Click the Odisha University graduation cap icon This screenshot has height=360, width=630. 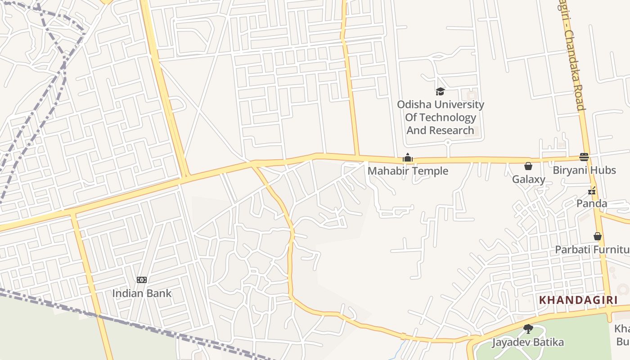(440, 92)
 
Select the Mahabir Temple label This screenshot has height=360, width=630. (408, 171)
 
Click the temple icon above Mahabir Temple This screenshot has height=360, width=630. (408, 157)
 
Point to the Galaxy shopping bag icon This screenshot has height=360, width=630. (528, 166)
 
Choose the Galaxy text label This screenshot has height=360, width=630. (528, 179)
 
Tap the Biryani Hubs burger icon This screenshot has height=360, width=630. (584, 157)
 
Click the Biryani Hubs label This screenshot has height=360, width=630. (584, 170)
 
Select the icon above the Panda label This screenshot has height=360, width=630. (592, 191)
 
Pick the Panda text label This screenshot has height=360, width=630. (592, 203)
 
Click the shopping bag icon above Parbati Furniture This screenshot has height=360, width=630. (598, 236)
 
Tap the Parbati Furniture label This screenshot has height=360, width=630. (592, 249)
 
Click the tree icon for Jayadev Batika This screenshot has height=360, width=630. (528, 329)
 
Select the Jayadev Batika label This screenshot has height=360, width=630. (527, 342)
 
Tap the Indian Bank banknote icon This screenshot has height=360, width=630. (142, 280)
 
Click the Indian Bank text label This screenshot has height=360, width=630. (142, 293)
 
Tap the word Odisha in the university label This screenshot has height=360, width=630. (414, 104)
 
